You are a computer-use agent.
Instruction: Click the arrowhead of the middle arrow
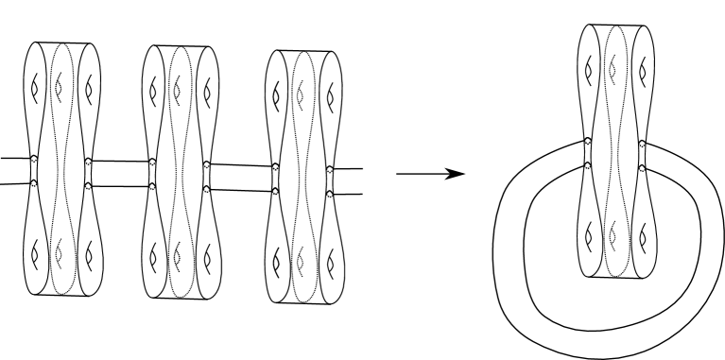tap(458, 175)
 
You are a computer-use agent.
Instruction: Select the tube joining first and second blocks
tap(118, 173)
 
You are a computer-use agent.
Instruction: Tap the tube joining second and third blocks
tap(241, 177)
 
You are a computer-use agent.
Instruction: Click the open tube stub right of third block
tap(348, 181)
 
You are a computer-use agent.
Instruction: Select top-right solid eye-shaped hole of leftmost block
tap(90, 88)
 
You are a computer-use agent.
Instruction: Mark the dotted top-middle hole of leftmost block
tap(60, 87)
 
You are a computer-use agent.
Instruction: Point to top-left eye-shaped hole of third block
tap(277, 94)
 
